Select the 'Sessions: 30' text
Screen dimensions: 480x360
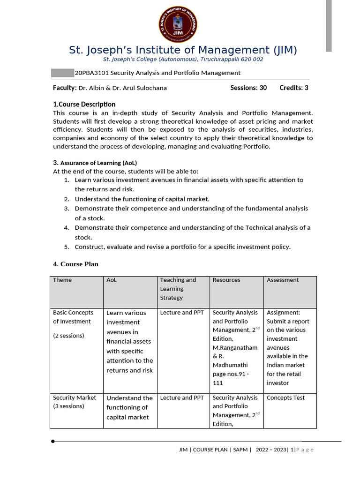[x=248, y=88]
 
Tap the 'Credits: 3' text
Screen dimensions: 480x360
[x=294, y=88]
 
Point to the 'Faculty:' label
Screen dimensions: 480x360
[x=65, y=88]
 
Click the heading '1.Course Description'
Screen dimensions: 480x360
[x=84, y=104]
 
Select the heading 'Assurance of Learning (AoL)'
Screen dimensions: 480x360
[x=98, y=163]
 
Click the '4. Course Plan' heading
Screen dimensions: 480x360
[x=75, y=264]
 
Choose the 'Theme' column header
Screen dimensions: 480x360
[x=62, y=280]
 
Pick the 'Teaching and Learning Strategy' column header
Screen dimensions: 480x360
[x=178, y=289]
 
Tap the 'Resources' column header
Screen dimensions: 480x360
[x=226, y=280]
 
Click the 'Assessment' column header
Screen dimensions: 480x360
[x=283, y=280]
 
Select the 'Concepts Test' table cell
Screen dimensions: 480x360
[x=285, y=397]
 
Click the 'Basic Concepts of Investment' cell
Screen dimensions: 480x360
[x=73, y=317]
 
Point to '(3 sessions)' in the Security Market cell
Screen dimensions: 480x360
[x=68, y=406]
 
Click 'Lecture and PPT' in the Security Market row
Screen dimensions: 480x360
[x=182, y=397]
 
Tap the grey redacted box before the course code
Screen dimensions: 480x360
[x=62, y=73]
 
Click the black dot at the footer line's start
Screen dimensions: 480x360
[x=53, y=441]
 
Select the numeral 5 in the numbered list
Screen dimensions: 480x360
[x=67, y=247]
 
